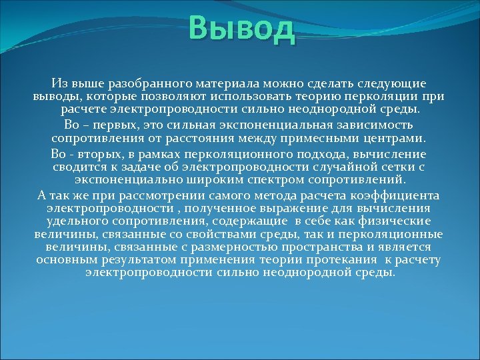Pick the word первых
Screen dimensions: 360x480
click(123, 125)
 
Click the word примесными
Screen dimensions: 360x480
click(348, 137)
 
